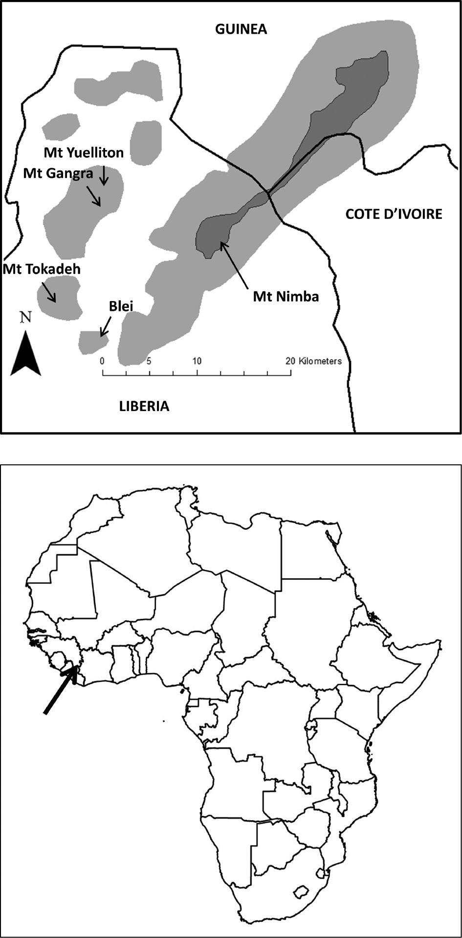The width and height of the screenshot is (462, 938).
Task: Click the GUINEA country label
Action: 241,29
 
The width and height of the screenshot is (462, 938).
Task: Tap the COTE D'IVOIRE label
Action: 394,214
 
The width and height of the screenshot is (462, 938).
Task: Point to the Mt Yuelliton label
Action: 84,153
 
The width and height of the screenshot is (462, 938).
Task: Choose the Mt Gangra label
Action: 58,173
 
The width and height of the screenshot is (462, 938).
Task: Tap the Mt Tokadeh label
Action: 42,269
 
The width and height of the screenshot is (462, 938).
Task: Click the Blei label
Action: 121,306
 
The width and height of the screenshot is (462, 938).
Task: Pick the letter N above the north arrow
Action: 25,317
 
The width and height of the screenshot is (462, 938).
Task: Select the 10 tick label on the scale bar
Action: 197,361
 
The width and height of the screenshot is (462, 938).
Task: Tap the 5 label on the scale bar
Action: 149,361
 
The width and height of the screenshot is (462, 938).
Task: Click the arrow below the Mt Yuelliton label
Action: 104,175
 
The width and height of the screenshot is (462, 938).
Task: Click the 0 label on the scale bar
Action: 102,361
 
